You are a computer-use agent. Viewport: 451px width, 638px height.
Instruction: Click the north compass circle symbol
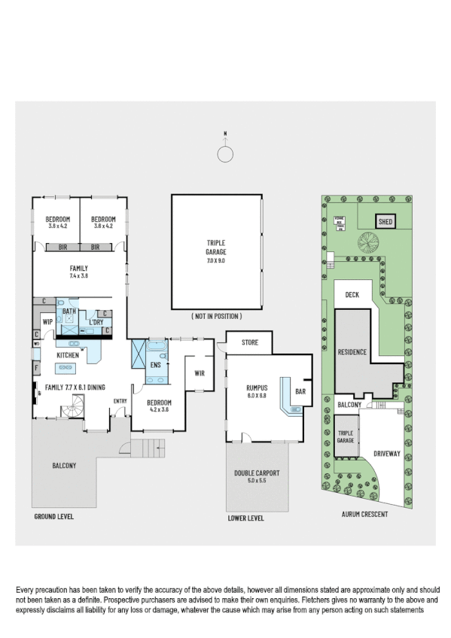coord(225,154)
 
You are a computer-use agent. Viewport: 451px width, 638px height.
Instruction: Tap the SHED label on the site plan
coord(385,222)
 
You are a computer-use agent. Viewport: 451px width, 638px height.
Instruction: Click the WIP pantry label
coord(47,322)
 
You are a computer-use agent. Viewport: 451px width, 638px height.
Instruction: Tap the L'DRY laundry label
coord(95,322)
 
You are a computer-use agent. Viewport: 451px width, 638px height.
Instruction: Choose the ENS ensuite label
coord(156,365)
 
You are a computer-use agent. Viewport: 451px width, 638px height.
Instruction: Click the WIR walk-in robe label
coord(200,372)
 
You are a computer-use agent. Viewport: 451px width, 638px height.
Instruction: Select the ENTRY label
coord(120,400)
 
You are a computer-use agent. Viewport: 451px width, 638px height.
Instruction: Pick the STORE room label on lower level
coord(250,343)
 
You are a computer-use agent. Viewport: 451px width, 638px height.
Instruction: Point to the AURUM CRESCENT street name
coord(364,515)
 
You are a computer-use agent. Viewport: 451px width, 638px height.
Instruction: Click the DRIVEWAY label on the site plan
coord(385,454)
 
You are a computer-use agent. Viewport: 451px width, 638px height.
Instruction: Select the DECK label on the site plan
coord(352,296)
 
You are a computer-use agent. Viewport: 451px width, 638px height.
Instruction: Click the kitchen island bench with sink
coord(65,368)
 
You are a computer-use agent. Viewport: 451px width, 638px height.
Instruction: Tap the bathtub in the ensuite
coord(159,348)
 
